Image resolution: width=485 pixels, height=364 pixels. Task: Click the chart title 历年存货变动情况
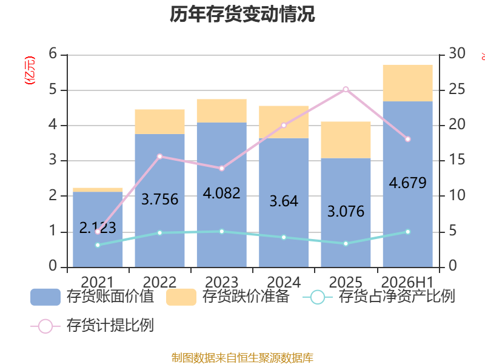242,14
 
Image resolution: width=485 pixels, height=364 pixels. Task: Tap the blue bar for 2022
159,201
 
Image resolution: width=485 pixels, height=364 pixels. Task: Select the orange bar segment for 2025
346,140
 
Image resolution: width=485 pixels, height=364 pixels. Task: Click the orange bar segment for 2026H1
407,83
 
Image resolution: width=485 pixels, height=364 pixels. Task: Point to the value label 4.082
221,194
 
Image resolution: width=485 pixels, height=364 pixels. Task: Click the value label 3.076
346,211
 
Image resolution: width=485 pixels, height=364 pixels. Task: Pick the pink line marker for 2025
346,89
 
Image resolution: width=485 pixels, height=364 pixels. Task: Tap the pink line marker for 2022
159,157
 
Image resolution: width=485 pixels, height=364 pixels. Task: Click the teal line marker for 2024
284,237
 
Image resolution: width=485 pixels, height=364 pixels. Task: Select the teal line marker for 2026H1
407,232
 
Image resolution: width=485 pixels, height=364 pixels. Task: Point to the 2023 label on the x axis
221,282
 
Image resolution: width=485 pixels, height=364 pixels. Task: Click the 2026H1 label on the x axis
407,282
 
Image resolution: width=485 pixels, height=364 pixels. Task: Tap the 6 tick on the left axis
53,54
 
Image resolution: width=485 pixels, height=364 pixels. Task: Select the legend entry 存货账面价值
92,297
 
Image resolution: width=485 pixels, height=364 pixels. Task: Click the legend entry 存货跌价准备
228,297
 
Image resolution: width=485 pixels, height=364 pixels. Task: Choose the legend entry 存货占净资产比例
378,297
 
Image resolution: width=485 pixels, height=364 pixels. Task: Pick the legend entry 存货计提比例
92,326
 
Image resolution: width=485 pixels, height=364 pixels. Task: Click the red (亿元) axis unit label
30,70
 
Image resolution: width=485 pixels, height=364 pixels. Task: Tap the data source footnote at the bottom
242,358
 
